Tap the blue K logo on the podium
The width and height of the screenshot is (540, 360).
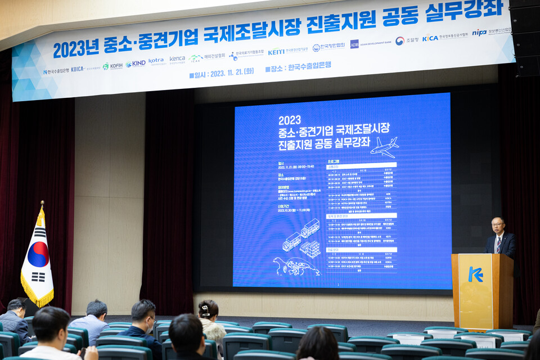475,274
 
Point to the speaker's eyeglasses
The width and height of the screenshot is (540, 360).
497,224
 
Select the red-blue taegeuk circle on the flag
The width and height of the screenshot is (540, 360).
38,254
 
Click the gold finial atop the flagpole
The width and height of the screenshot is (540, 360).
42,204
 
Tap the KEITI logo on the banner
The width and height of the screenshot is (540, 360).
276,52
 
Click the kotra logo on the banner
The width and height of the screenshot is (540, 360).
156,61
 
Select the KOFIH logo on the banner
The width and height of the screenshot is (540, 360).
112,66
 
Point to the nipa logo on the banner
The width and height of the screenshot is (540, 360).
479,33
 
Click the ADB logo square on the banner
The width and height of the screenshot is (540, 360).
354,44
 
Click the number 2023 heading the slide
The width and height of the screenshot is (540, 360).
289,120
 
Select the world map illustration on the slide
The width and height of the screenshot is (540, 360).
296,266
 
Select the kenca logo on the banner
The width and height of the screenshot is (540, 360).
177,58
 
